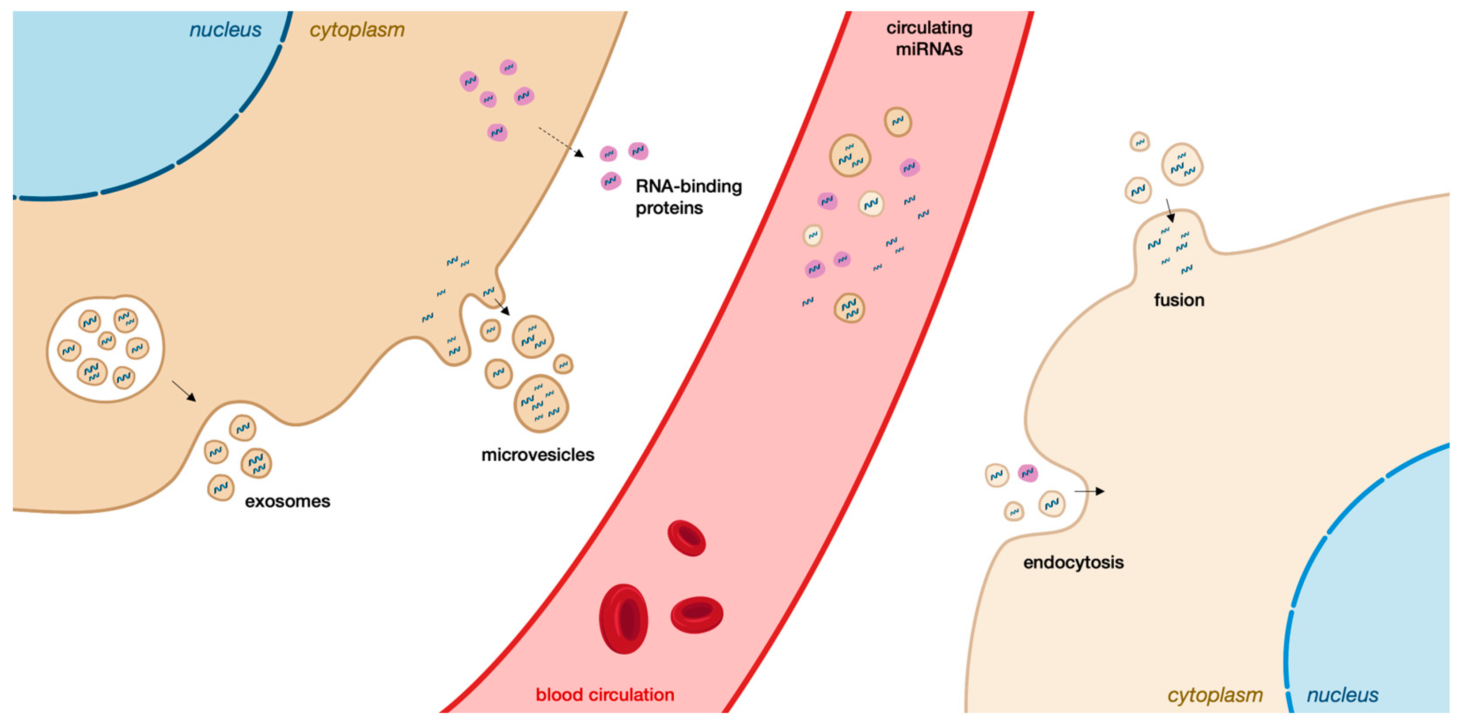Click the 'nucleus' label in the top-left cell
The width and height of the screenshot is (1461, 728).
pos(225,30)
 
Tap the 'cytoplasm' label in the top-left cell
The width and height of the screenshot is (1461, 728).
pos(357,30)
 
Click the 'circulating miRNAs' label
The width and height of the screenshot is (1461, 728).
pos(929,38)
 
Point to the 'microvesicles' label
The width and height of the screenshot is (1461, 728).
pos(538,455)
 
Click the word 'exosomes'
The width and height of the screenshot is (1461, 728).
pos(288,501)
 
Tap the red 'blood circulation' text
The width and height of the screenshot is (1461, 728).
pos(605,694)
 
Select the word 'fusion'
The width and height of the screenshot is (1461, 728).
pos(1179,300)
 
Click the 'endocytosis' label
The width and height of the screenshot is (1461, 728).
pos(1073,562)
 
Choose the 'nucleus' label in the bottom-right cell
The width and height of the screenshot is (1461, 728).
pos(1343,695)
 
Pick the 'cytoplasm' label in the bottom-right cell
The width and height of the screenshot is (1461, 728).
pos(1215,695)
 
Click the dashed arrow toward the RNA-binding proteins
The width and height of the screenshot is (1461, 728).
pos(560,142)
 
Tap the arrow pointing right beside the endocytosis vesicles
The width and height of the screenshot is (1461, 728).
pos(1089,491)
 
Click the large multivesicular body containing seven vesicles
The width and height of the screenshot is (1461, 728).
pos(106,349)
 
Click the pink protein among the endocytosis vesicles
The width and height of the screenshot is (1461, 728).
pos(1028,473)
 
